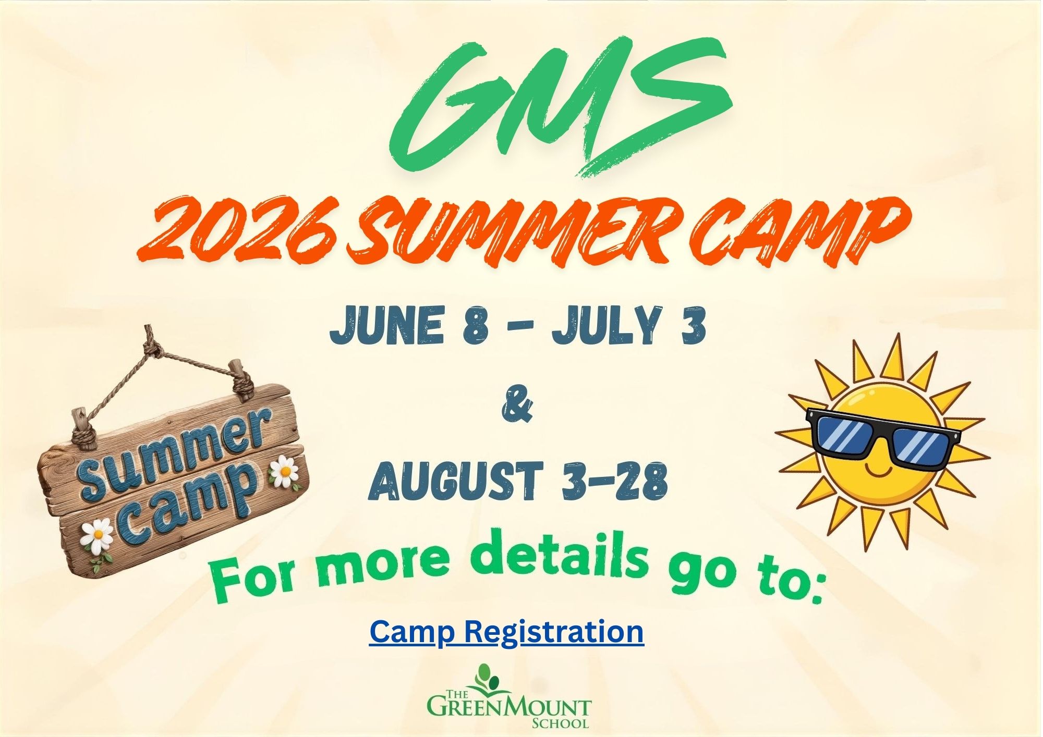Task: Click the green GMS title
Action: click(x=561, y=107)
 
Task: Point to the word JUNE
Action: click(x=386, y=326)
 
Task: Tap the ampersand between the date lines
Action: click(x=517, y=408)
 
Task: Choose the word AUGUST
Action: click(x=454, y=481)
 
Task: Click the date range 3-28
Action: click(x=615, y=481)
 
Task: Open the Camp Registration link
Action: click(x=506, y=632)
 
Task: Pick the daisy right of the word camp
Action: click(x=284, y=472)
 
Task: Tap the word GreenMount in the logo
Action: click(x=509, y=707)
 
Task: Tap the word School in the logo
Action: click(x=561, y=723)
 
